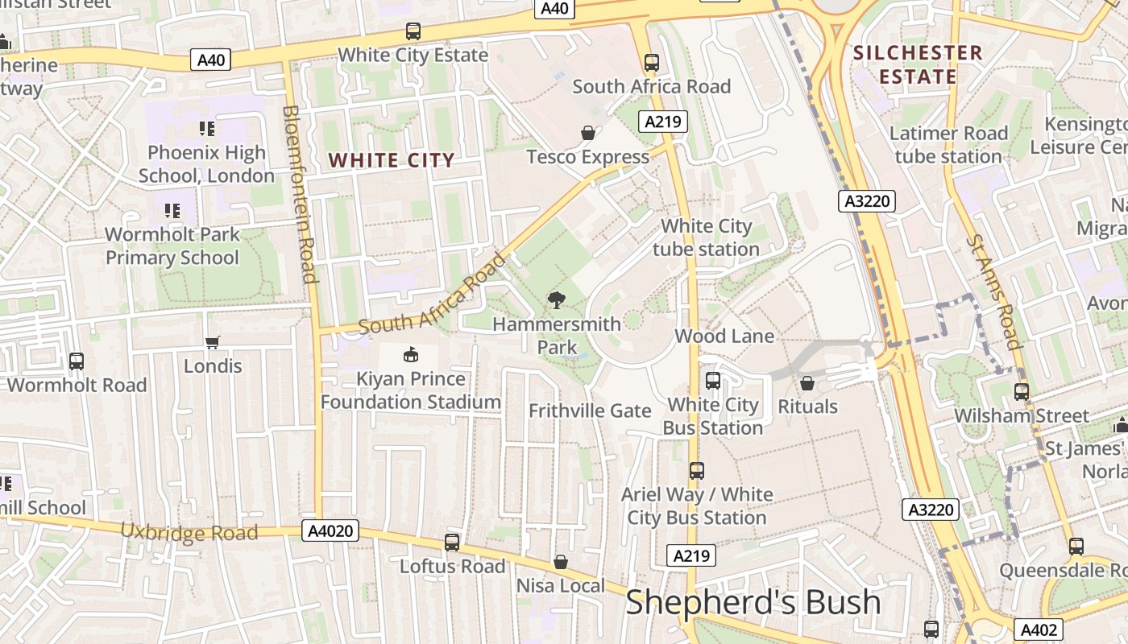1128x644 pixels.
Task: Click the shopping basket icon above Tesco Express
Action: tap(588, 133)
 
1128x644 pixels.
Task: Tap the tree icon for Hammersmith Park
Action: tap(556, 301)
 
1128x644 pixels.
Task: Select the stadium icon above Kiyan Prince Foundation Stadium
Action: tap(411, 354)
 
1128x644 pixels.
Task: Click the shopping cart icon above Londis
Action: tap(213, 343)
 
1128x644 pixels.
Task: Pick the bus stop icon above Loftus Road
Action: tap(452, 543)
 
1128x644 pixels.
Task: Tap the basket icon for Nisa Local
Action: tap(561, 562)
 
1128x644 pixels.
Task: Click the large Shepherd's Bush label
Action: tap(753, 602)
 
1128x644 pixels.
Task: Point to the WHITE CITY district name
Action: tap(392, 160)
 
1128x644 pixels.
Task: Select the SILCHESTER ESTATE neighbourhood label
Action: tap(918, 65)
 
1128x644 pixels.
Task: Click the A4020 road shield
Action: tap(330, 531)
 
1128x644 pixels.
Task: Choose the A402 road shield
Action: tap(1038, 630)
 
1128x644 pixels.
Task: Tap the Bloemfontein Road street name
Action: tap(298, 193)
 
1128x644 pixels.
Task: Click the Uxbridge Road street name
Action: tap(189, 532)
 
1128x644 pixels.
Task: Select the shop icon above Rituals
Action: tap(807, 383)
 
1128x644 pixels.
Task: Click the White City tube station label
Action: tap(706, 237)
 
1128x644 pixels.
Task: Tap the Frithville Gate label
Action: tap(590, 411)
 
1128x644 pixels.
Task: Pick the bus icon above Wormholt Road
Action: tap(77, 361)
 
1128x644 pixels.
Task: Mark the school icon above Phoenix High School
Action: tap(207, 129)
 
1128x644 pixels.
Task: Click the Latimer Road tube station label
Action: tap(948, 144)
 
